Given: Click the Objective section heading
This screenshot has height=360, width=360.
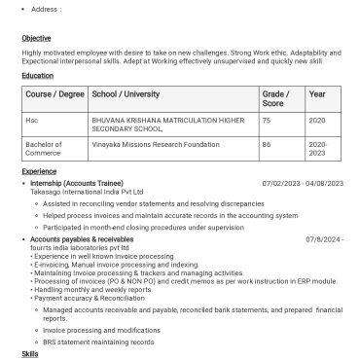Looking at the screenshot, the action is tap(36, 38).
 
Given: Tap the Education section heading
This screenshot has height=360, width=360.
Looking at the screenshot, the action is tap(38, 75).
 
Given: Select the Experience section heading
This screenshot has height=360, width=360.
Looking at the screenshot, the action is tap(40, 169).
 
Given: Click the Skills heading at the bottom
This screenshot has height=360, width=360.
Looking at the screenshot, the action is tap(29, 355).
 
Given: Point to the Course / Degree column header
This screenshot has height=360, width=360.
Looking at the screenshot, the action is tap(54, 96).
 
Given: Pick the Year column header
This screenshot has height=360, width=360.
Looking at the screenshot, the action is tap(317, 96).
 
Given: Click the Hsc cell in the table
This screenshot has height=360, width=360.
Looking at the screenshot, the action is tap(32, 119).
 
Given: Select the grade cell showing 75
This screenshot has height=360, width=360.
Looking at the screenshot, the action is tap(267, 119).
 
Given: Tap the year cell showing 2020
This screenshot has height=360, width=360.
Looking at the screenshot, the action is tap(317, 119).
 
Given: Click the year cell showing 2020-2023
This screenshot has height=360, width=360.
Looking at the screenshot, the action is tap(319, 149).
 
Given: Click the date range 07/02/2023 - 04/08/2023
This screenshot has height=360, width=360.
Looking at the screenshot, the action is tap(302, 183).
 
